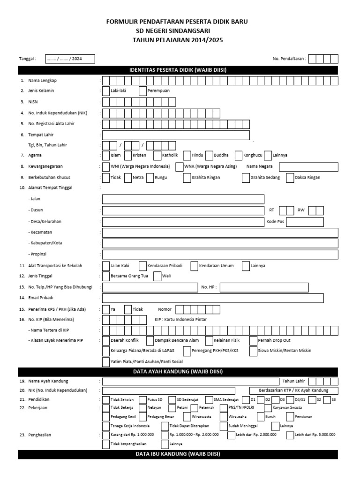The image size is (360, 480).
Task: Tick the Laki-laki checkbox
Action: click(106, 91)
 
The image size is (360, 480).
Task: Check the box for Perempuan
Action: click(143, 91)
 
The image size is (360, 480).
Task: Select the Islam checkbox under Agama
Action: click(106, 155)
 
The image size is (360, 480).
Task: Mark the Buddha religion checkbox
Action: click(210, 155)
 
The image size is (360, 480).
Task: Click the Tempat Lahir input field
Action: click(176, 135)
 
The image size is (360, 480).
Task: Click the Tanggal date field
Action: click(70, 59)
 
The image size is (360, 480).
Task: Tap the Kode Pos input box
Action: click(305, 222)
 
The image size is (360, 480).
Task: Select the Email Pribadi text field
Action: click(213, 298)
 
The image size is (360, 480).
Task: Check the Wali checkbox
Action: click(157, 277)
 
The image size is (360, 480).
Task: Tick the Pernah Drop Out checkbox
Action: click(254, 340)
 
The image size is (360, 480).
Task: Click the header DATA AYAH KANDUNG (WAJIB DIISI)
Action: click(178, 372)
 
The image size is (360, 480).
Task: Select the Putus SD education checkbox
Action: click(143, 399)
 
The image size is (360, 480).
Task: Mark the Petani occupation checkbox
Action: click(173, 408)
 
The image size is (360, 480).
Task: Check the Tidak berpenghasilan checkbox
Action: click(106, 443)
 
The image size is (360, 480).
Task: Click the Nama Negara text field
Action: click(308, 167)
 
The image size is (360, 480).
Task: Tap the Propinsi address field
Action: click(220, 254)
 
